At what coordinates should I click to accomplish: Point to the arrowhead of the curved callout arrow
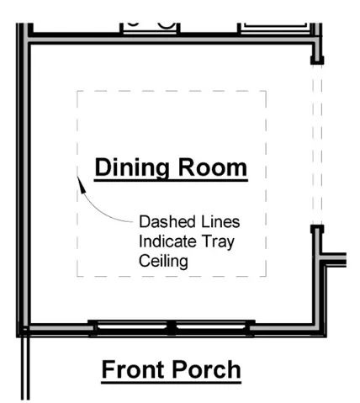(x=78, y=178)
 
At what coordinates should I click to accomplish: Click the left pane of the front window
(x=130, y=326)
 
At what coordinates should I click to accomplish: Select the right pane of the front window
(x=209, y=326)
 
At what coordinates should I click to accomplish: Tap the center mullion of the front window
(x=170, y=326)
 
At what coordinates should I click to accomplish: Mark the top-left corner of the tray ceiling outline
(x=78, y=90)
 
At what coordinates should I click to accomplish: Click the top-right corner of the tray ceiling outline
(x=267, y=90)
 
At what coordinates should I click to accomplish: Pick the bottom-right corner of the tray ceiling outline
(x=267, y=276)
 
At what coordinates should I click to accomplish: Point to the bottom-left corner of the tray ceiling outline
(x=78, y=276)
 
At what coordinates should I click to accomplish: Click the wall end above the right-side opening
(x=316, y=59)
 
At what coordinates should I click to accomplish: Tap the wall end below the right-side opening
(x=316, y=229)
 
